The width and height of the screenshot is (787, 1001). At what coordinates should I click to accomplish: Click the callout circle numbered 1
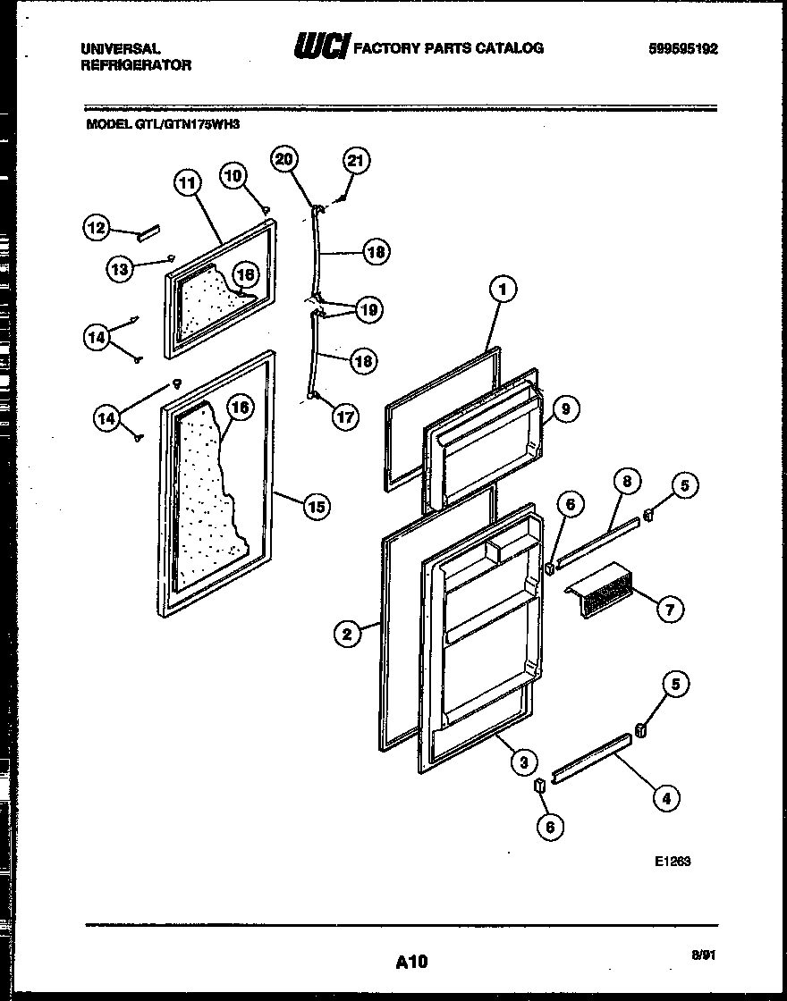click(504, 289)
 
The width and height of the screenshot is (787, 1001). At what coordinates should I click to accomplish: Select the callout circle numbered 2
click(347, 634)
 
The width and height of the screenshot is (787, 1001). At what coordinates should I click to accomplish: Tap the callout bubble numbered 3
click(523, 761)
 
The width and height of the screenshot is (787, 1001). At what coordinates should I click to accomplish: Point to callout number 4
click(664, 798)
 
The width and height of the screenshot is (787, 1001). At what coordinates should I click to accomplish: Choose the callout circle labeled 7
click(670, 610)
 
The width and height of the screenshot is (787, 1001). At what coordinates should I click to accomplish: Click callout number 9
click(565, 409)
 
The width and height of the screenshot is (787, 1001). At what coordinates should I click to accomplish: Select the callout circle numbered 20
click(285, 159)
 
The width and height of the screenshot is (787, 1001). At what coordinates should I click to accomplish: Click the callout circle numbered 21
click(355, 161)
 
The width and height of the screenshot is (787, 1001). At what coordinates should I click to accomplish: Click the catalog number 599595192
click(683, 49)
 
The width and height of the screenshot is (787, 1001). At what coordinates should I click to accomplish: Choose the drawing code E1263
click(673, 862)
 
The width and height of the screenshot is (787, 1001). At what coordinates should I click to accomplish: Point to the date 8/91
click(704, 955)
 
